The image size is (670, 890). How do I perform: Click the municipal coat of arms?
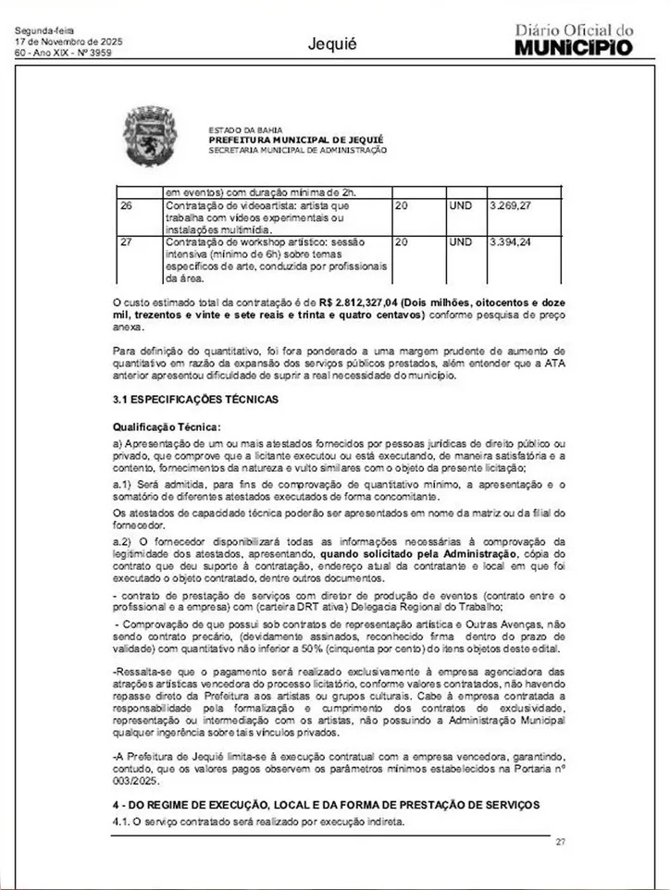coord(152,136)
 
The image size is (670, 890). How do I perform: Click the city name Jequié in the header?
coord(333,43)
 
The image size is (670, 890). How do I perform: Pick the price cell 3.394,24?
coord(509,242)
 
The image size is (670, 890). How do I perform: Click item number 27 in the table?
coord(127,242)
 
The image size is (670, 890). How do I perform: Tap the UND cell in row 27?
coord(460,242)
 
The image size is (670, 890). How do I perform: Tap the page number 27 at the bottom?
coord(560,841)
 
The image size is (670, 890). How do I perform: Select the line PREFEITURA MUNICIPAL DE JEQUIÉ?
coord(295,139)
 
